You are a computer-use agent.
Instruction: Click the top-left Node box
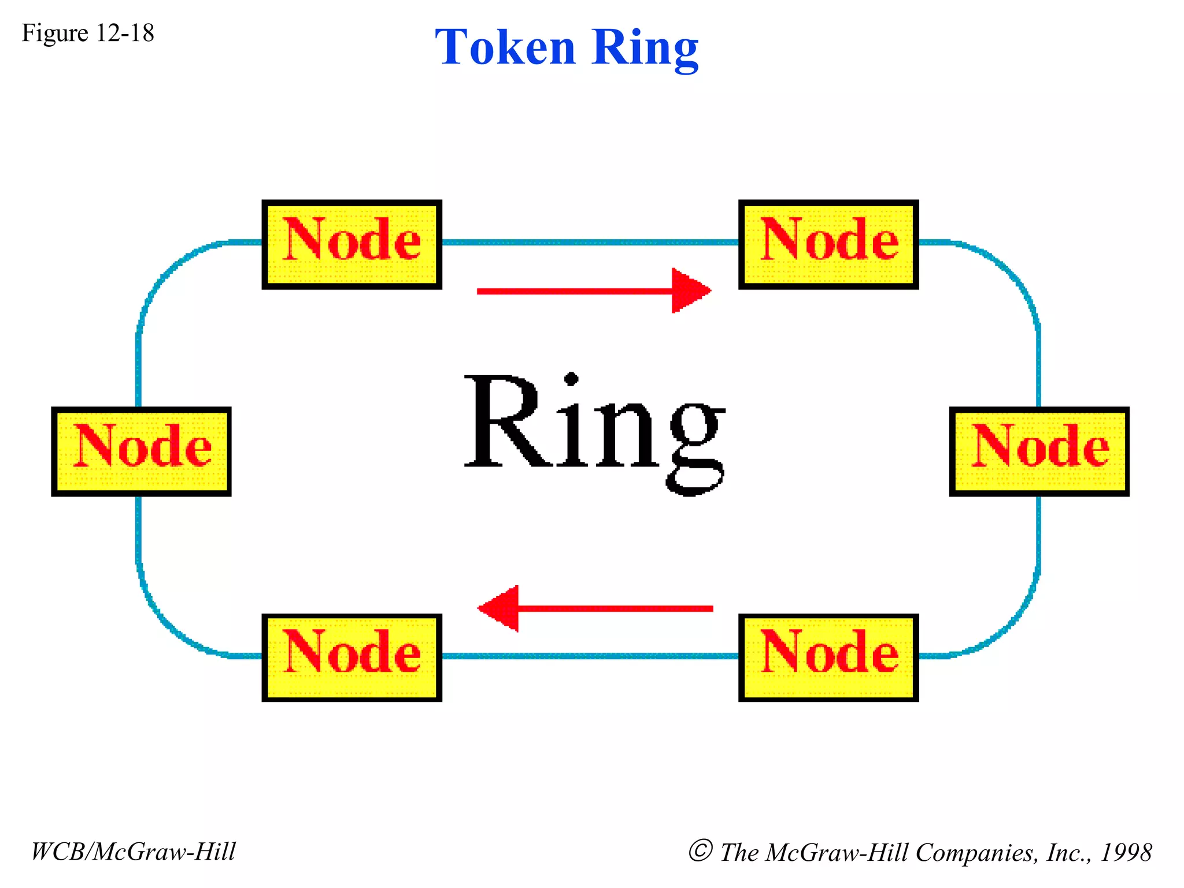point(351,244)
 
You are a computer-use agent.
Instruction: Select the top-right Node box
point(828,244)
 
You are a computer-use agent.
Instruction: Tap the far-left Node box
point(141,451)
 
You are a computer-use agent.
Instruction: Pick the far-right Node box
point(1038,451)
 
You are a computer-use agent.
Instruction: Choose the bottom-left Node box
point(351,657)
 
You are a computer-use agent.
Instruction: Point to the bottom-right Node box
point(828,657)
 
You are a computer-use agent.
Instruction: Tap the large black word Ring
point(594,428)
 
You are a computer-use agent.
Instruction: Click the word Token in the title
point(505,47)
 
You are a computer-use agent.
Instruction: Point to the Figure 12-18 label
point(88,33)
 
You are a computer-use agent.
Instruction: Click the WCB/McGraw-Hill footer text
point(134,852)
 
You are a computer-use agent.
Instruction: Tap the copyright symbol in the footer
point(700,850)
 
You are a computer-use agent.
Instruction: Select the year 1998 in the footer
point(1126,852)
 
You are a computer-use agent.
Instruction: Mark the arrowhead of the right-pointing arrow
point(690,291)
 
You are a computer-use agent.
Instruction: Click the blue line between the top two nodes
point(590,242)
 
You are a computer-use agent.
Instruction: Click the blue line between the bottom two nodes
point(590,656)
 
